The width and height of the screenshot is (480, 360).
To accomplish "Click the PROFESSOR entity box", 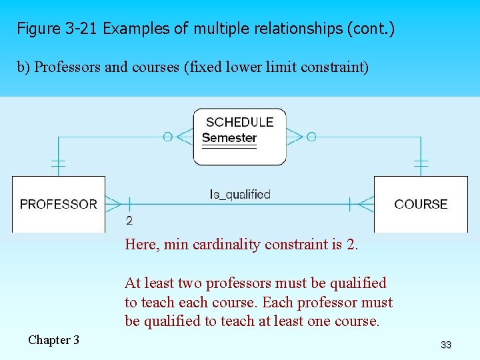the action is pos(59,204).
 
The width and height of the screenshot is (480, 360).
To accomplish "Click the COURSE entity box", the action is pos(421,204).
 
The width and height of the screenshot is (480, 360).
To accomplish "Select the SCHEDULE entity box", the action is pos(239,137).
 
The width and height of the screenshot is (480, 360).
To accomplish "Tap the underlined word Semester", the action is pos(229,138).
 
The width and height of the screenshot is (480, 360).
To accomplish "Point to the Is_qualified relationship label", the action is pos(240,195).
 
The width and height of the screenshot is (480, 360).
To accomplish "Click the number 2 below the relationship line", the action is pos(129,221).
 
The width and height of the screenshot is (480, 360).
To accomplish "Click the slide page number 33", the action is pos(446,345).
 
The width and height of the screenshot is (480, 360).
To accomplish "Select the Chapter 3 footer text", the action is pos(53,340).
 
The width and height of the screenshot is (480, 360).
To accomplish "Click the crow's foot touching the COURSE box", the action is pos(366,204).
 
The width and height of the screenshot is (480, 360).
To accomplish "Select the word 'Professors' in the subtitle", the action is pos(66,67).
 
